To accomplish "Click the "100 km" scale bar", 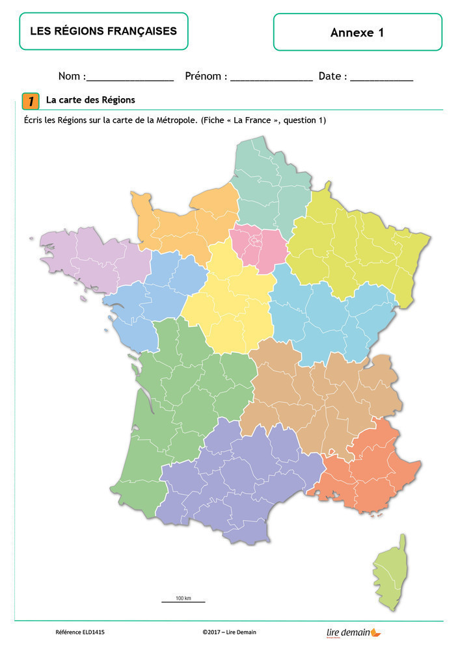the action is pyautogui.click(x=183, y=600).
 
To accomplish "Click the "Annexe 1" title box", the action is pyautogui.click(x=357, y=32).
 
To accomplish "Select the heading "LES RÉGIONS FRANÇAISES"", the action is pyautogui.click(x=103, y=31).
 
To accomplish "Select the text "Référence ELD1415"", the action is pyautogui.click(x=80, y=632).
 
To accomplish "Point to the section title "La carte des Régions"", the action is pyautogui.click(x=90, y=100).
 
